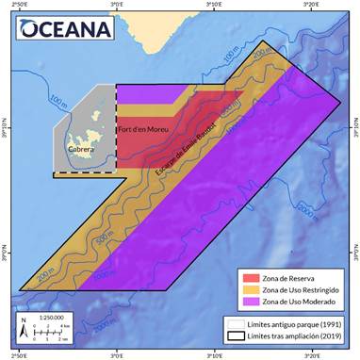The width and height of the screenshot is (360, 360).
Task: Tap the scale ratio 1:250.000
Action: point(53,318)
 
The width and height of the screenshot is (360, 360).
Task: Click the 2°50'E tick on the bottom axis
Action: point(19,355)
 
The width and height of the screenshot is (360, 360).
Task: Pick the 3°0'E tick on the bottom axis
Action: point(116,355)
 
